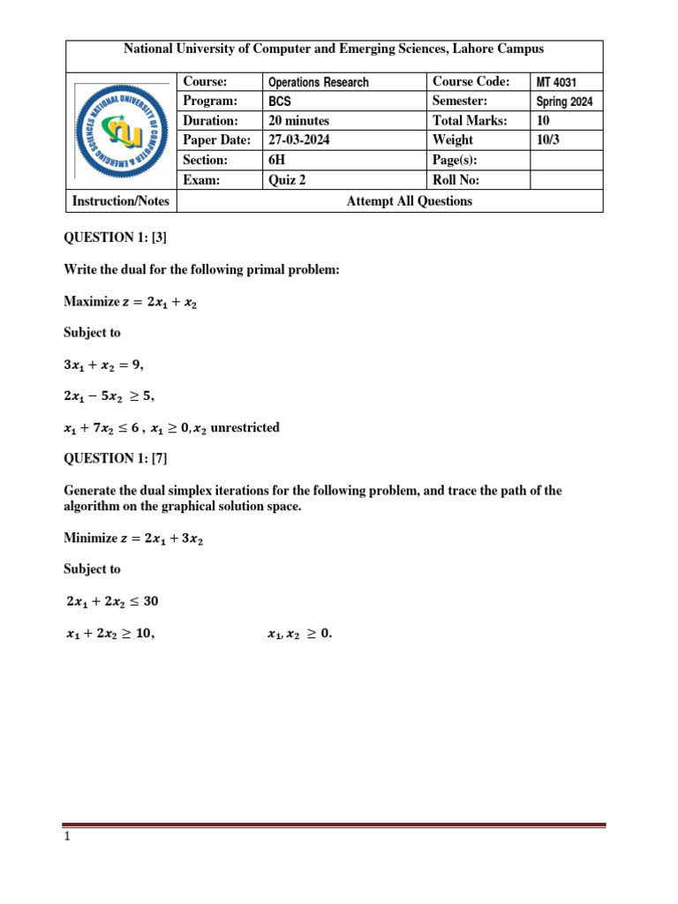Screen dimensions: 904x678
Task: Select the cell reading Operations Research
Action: tap(319, 82)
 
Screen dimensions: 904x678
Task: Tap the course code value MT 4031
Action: tap(556, 82)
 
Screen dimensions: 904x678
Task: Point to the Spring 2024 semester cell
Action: tap(564, 102)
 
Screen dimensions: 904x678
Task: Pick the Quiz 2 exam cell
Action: tap(288, 180)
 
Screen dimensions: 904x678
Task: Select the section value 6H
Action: tap(278, 160)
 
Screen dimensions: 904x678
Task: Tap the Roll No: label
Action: tap(456, 180)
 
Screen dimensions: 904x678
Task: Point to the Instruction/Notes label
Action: tap(120, 201)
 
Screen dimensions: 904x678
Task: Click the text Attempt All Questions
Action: tap(409, 201)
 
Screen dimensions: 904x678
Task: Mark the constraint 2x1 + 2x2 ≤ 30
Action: tap(113, 601)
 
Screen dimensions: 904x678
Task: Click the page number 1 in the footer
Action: tap(66, 838)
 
